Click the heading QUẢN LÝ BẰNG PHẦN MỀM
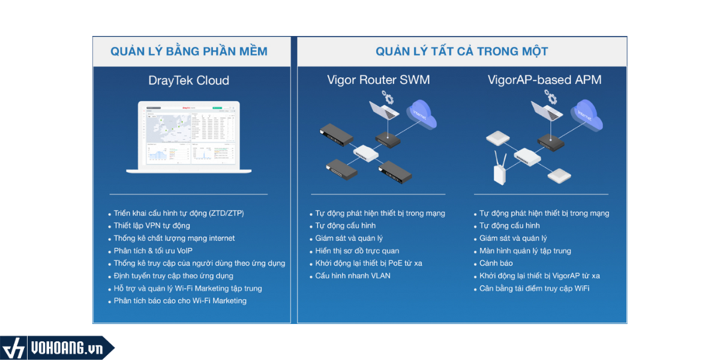pyautogui.click(x=189, y=52)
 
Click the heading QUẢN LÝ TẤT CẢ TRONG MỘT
pyautogui.click(x=461, y=52)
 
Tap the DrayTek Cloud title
pyautogui.click(x=189, y=80)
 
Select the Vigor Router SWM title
pyautogui.click(x=378, y=80)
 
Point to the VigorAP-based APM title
pyautogui.click(x=545, y=80)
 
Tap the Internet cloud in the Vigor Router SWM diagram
pyautogui.click(x=422, y=114)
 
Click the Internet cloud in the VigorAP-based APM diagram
pyautogui.click(x=587, y=114)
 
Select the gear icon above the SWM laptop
pyautogui.click(x=389, y=98)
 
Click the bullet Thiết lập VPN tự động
pyautogui.click(x=152, y=226)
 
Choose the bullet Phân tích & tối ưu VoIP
pyautogui.click(x=153, y=251)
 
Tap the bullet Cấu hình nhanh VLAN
pyautogui.click(x=353, y=276)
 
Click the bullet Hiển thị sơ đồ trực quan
pyautogui.click(x=357, y=251)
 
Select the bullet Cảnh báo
pyautogui.click(x=496, y=263)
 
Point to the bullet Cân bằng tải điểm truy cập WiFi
pyautogui.click(x=534, y=289)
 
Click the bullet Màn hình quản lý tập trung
pyautogui.click(x=525, y=251)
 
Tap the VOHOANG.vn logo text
pyautogui.click(x=66, y=349)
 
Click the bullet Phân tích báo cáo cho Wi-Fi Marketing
pyautogui.click(x=180, y=301)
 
